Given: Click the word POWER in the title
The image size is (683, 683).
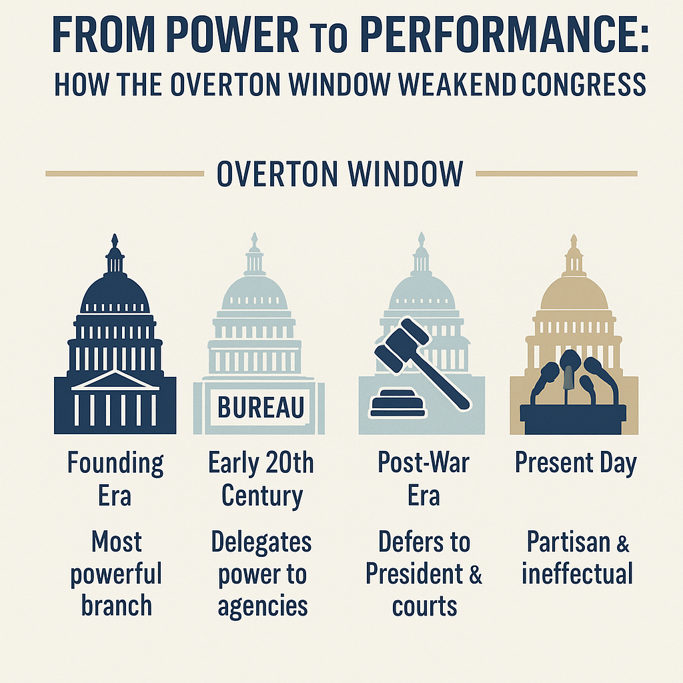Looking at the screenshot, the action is click(x=232, y=35).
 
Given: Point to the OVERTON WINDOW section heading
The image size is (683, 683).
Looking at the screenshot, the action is click(x=339, y=174).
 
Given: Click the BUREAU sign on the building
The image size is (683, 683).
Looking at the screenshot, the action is click(x=261, y=408).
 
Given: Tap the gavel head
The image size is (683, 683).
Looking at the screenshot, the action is click(x=402, y=345).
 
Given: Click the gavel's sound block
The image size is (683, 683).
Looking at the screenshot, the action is click(x=397, y=404).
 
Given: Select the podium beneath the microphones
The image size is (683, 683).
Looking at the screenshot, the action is click(x=573, y=419).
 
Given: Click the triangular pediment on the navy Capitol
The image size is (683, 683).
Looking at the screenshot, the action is click(x=115, y=380).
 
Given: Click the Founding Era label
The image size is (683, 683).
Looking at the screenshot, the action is click(x=115, y=479).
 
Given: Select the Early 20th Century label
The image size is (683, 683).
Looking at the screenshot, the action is click(x=261, y=479).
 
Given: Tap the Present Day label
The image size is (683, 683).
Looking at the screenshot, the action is click(x=576, y=463).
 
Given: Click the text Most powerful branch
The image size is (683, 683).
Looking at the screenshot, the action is click(x=116, y=573).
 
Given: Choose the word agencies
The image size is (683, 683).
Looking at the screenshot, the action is click(x=263, y=606).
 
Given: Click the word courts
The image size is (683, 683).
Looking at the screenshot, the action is click(x=424, y=606).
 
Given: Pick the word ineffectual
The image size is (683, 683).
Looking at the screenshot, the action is click(x=577, y=573).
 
